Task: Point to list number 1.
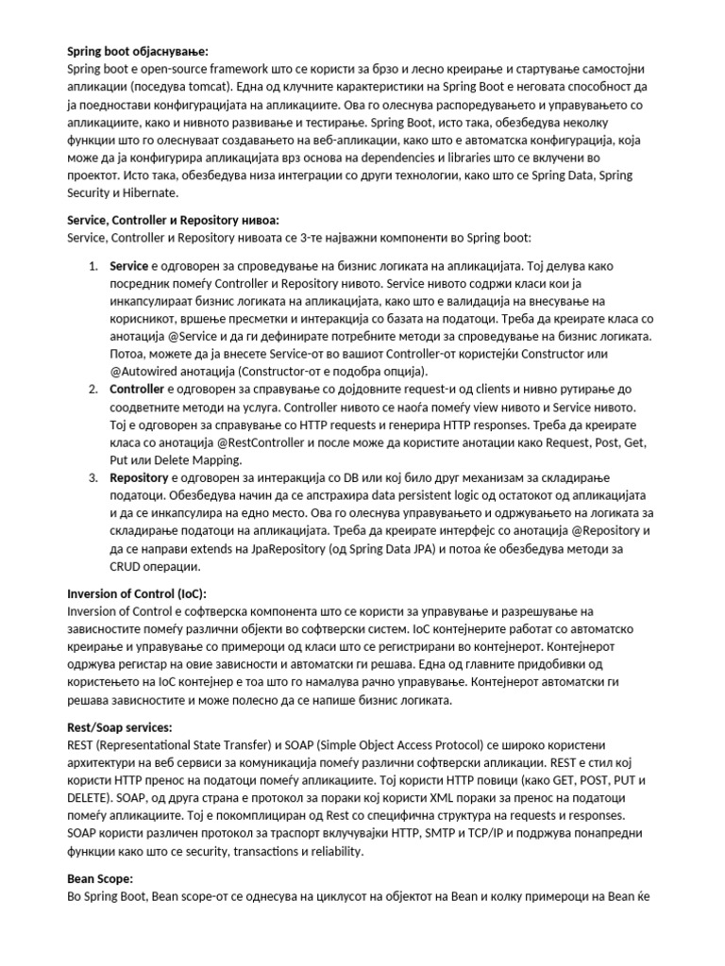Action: coord(94,265)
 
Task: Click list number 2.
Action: coord(94,389)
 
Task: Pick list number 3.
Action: coord(94,478)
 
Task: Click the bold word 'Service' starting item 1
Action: coord(129,265)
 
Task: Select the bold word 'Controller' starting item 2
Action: coord(138,389)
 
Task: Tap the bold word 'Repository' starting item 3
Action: coord(140,478)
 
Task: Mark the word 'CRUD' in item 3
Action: coord(127,567)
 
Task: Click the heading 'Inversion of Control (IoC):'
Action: coord(137,594)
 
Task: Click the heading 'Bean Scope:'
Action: coord(100,878)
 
